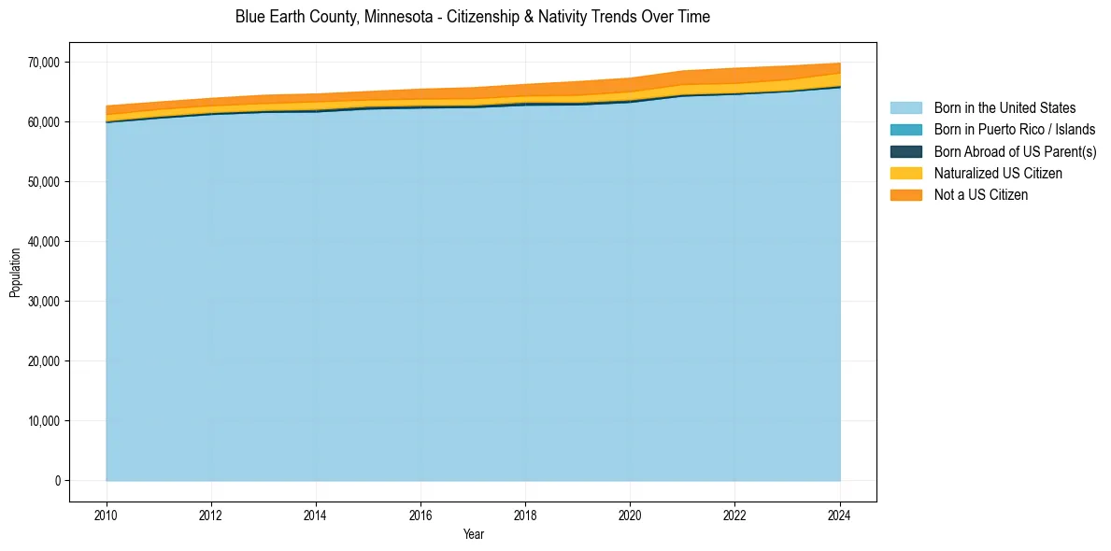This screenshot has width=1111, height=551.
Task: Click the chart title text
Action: coord(472,17)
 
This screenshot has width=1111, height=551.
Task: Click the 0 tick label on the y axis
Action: coord(57,481)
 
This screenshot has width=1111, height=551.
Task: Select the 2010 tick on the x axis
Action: coord(107,513)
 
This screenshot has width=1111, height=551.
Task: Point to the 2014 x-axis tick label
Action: coord(316,513)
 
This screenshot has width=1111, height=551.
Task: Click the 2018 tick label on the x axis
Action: coord(526,513)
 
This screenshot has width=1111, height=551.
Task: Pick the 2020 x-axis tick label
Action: coord(631,513)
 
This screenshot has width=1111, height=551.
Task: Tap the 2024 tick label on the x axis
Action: coord(840,513)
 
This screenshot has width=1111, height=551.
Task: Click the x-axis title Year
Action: coord(473,534)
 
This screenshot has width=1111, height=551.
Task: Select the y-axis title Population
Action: coord(15,273)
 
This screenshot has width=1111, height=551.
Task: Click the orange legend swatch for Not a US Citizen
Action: coord(905,195)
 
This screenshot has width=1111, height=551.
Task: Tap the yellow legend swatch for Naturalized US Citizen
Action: coord(905,174)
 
